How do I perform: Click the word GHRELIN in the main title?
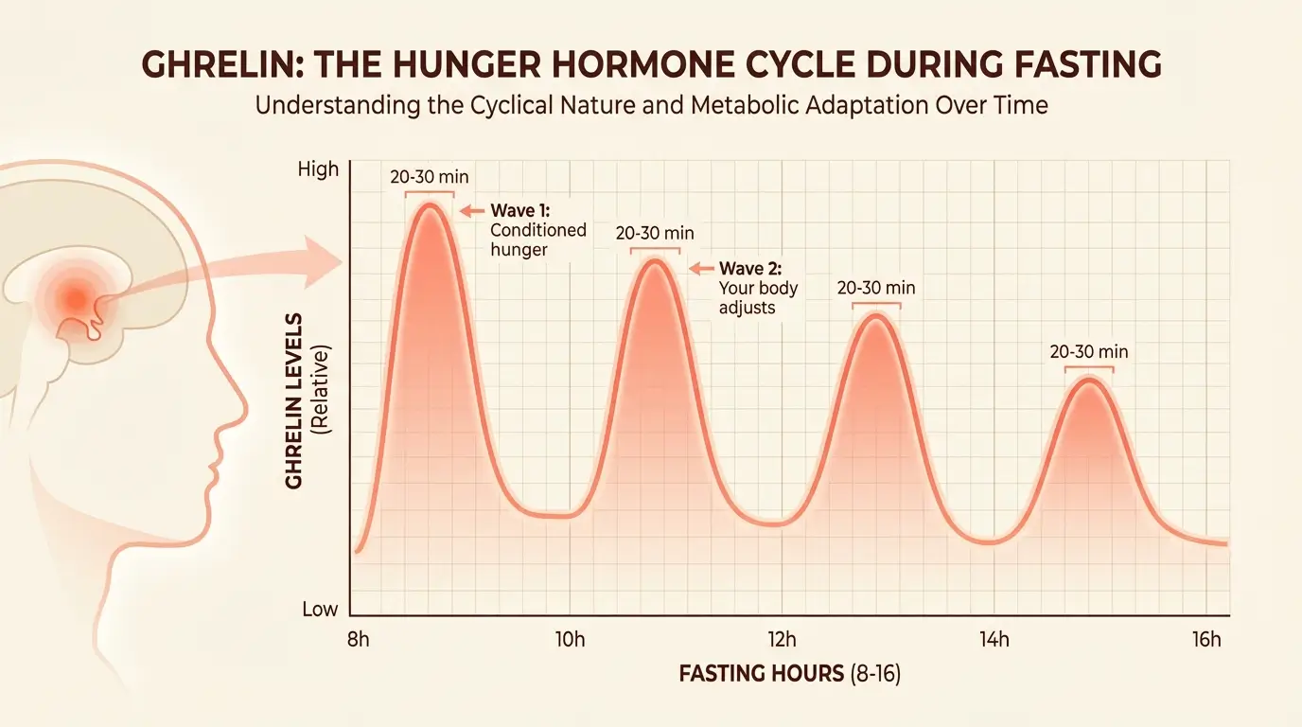[x=209, y=64]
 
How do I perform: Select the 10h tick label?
[x=570, y=640]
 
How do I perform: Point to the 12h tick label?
[x=783, y=640]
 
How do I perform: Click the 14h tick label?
[x=994, y=640]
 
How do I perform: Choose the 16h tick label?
[x=1206, y=640]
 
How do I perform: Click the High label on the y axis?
[x=318, y=169]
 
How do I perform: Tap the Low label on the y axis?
[x=320, y=610]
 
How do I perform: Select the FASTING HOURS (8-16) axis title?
[x=796, y=674]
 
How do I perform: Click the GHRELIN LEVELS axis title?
[x=294, y=400]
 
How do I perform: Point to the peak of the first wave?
[x=430, y=205]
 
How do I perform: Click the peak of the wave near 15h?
[x=1089, y=381]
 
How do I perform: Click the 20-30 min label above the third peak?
[x=876, y=288]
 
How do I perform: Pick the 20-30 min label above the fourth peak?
[x=1089, y=351]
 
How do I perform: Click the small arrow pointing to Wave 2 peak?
[x=700, y=268]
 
